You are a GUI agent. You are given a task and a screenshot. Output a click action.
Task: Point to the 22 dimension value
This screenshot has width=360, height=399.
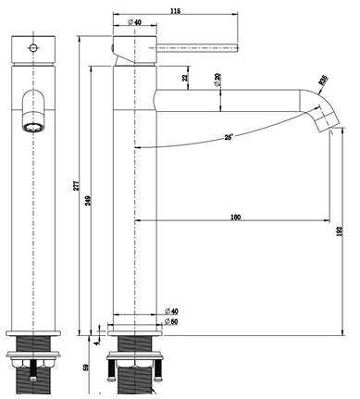(186, 81)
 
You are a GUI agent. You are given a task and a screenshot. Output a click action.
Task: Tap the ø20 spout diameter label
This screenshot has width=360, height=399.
(217, 81)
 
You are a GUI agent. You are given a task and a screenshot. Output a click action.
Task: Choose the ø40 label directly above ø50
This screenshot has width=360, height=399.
(170, 311)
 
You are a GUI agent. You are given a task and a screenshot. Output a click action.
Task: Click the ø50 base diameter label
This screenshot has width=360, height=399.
(170, 322)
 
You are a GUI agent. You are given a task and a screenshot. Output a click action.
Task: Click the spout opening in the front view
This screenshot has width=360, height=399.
(32, 127)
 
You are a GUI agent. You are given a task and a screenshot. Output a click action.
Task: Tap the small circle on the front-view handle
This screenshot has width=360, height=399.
(33, 45)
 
